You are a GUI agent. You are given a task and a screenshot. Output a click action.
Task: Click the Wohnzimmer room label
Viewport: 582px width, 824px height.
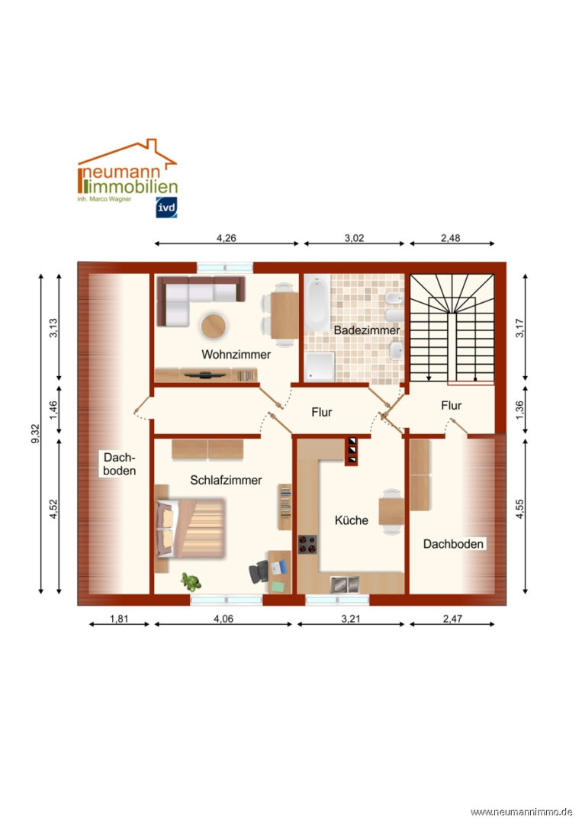pyautogui.click(x=236, y=354)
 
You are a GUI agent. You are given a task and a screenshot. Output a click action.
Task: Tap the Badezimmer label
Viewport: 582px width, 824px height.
pyautogui.click(x=366, y=330)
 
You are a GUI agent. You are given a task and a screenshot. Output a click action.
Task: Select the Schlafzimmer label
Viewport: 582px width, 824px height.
pyautogui.click(x=226, y=480)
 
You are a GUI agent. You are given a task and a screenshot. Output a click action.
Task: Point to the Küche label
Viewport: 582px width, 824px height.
pyautogui.click(x=352, y=520)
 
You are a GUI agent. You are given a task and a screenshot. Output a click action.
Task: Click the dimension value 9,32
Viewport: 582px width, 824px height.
pyautogui.click(x=36, y=436)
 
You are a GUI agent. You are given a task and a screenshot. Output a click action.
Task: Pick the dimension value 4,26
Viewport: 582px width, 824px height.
pyautogui.click(x=226, y=238)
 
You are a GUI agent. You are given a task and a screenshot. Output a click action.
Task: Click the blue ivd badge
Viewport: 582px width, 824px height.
pyautogui.click(x=167, y=207)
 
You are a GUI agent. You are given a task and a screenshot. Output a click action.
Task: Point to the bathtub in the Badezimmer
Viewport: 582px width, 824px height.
pyautogui.click(x=317, y=301)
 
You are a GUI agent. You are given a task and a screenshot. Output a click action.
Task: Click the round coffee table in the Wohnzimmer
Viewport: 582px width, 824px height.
pyautogui.click(x=214, y=326)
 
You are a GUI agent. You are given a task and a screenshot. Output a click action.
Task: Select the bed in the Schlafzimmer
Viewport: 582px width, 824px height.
pyautogui.click(x=191, y=529)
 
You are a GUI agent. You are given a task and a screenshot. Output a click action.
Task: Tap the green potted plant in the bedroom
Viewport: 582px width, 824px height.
pyautogui.click(x=189, y=582)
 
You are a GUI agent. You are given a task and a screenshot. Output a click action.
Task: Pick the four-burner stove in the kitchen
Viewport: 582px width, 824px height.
pyautogui.click(x=308, y=544)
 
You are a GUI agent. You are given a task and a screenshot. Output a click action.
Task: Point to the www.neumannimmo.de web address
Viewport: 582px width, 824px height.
pyautogui.click(x=521, y=811)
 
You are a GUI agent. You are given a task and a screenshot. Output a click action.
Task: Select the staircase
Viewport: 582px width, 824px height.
pyautogui.click(x=452, y=328)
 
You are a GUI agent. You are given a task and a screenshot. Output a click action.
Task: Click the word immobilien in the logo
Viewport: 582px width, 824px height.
pyautogui.click(x=131, y=187)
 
